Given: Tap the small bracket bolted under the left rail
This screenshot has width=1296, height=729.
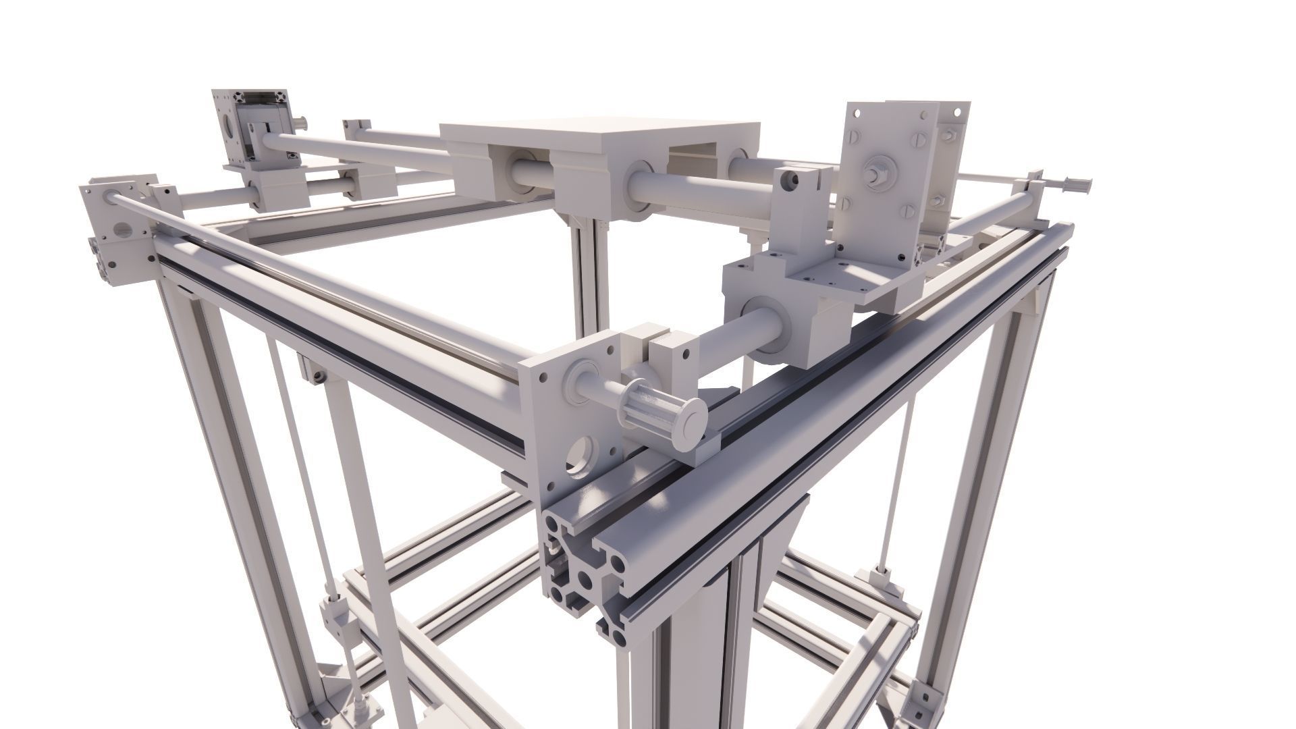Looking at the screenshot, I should pos(315,370).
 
